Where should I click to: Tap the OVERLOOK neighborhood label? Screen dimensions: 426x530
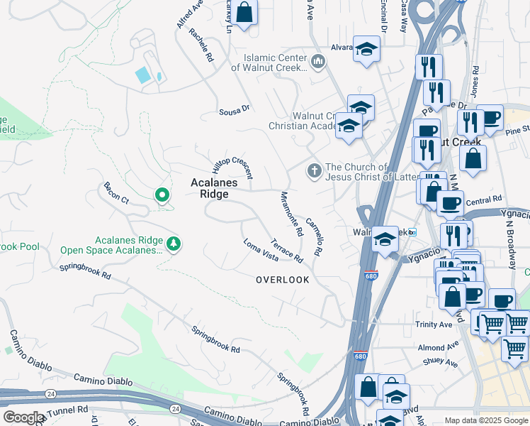[283, 280]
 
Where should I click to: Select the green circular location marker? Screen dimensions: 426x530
[162, 194]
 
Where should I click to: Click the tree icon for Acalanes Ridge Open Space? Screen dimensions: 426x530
[174, 244]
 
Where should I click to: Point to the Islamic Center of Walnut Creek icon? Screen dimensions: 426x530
[317, 62]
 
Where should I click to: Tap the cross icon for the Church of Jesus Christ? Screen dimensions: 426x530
[314, 170]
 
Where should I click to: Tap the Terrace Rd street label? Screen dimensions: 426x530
[287, 248]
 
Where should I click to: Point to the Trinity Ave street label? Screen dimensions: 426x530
[434, 324]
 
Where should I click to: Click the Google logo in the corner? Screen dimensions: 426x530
[23, 417]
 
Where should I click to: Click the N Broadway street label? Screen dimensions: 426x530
[508, 241]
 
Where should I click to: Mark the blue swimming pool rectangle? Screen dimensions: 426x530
[142, 74]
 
